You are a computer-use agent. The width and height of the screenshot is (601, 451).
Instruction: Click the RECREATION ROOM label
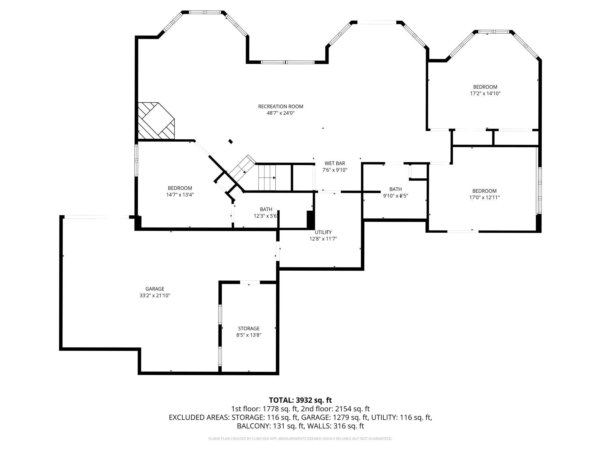pyautogui.click(x=280, y=106)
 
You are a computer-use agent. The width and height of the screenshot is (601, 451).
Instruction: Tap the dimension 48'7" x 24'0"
pyautogui.click(x=280, y=113)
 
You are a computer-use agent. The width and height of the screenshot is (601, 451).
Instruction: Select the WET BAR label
pyautogui.click(x=335, y=163)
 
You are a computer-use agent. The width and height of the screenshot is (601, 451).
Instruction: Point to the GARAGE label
pyautogui.click(x=155, y=289)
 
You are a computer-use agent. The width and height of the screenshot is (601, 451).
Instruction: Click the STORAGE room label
pyautogui.click(x=248, y=328)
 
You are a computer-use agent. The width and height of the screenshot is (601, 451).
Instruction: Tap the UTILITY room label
pyautogui.click(x=323, y=232)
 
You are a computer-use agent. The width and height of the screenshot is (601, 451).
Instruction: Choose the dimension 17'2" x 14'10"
pyautogui.click(x=485, y=94)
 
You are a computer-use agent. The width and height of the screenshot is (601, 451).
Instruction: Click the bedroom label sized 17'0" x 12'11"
pyautogui.click(x=484, y=191)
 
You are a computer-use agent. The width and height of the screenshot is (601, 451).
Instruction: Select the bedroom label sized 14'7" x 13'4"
pyautogui.click(x=180, y=188)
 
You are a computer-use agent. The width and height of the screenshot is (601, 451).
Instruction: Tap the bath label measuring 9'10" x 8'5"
pyautogui.click(x=395, y=189)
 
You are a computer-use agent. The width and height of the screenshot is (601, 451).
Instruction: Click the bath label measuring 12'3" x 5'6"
pyautogui.click(x=266, y=209)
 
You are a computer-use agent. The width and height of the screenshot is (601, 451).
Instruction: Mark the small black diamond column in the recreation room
pyautogui.click(x=231, y=141)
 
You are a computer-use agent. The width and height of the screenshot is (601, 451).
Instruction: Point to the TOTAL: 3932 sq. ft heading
pyautogui.click(x=300, y=400)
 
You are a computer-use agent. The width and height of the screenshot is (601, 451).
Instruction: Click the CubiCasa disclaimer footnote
pyautogui.click(x=300, y=439)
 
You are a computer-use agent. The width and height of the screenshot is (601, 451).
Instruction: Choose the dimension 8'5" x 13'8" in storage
pyautogui.click(x=248, y=335)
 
